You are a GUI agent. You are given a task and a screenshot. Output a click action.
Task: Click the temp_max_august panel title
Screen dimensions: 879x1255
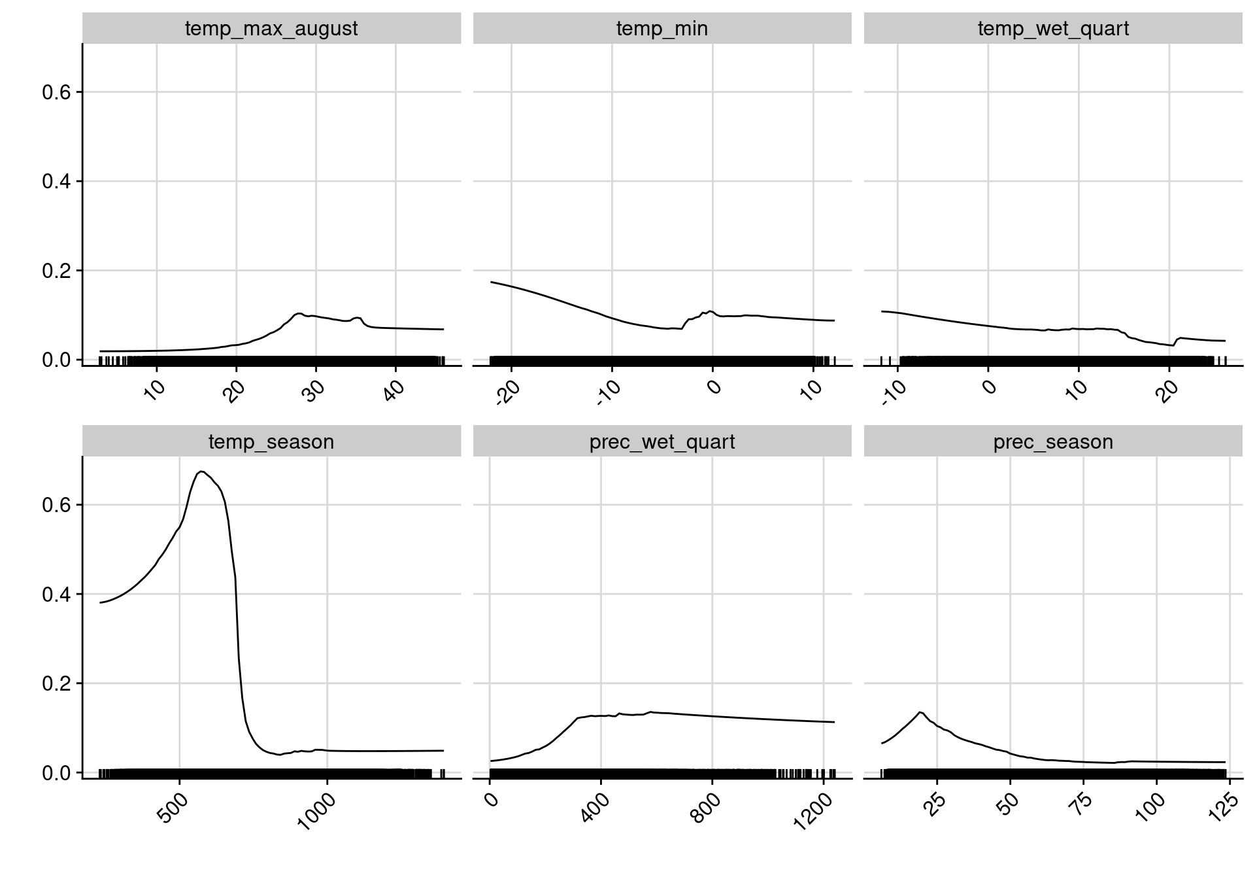[x=271, y=29]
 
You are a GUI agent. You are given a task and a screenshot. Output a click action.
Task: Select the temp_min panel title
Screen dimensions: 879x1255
[x=661, y=29]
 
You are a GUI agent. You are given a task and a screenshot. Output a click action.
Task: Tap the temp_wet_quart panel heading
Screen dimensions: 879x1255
[x=1052, y=29]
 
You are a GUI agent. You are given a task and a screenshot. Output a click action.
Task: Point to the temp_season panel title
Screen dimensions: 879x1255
[x=271, y=442]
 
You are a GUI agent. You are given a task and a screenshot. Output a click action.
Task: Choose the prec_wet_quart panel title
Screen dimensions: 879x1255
[x=661, y=442]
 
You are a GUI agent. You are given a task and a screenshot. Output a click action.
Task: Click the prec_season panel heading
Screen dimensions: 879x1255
[x=1052, y=442]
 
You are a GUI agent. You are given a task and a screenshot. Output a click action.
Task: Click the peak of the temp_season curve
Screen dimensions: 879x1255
[x=201, y=471]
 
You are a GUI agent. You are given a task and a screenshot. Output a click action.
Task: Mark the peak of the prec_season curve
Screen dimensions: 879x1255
[x=920, y=712]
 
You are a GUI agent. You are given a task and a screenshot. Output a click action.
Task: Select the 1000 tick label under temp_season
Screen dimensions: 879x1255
[x=317, y=811]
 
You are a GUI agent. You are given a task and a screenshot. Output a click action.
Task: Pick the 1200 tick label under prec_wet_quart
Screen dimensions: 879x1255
[x=813, y=811]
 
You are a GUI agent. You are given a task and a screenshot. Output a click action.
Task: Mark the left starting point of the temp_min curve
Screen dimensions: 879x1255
[x=491, y=282]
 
